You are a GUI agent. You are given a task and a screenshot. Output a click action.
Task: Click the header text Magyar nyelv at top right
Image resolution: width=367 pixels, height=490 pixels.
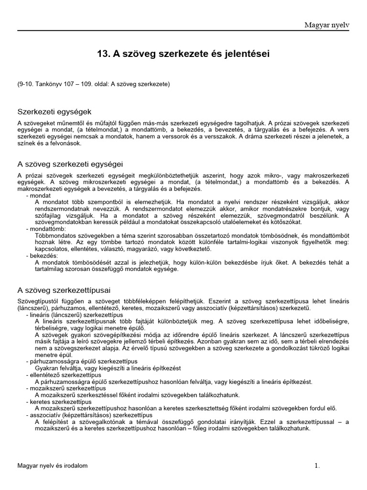point(327,24)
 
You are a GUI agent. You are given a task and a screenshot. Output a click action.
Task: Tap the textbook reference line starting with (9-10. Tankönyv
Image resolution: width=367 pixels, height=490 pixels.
point(94,84)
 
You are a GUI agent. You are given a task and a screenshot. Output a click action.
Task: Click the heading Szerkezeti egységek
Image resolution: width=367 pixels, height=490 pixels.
point(54,111)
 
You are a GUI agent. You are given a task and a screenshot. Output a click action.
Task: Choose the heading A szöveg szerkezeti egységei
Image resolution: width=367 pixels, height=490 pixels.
point(70,164)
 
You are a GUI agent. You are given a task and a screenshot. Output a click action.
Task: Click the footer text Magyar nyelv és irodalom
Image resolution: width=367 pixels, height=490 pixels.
point(53,466)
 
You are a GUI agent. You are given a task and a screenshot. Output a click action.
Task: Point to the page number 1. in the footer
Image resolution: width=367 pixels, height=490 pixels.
point(316,466)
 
